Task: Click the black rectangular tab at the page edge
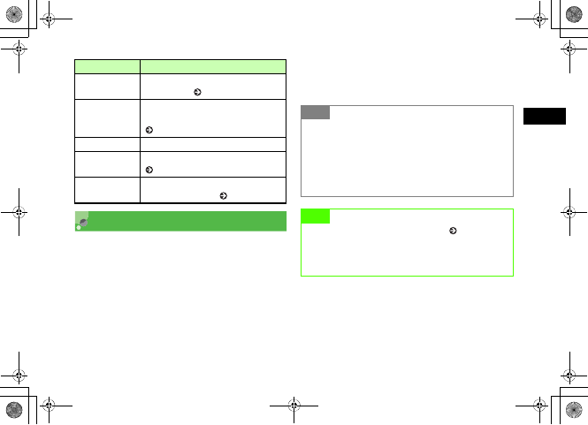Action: (542, 117)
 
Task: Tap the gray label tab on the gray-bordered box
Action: (315, 112)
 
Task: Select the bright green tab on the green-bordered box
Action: (315, 216)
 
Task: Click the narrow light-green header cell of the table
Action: (107, 65)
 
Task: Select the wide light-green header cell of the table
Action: (213, 65)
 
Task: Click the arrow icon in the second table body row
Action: (149, 130)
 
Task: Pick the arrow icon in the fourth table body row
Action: (149, 169)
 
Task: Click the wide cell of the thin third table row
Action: (213, 141)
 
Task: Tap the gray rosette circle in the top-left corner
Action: (13, 14)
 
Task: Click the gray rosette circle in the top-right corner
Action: (574, 14)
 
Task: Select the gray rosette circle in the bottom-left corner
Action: (13, 411)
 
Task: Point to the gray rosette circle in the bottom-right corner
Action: (574, 411)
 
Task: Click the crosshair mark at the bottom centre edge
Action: (294, 410)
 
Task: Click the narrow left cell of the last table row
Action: (107, 190)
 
